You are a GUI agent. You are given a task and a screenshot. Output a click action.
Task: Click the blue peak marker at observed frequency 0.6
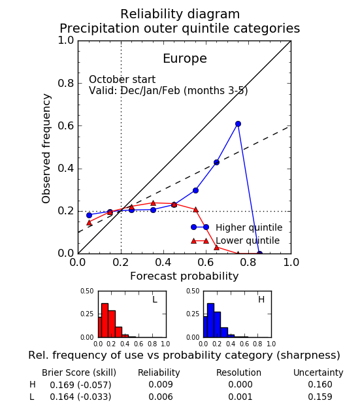238,123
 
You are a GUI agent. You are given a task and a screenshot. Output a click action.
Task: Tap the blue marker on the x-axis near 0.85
259,254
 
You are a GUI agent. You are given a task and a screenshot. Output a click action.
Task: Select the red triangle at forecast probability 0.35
154,203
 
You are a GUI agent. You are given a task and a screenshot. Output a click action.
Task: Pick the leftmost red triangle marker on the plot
89,223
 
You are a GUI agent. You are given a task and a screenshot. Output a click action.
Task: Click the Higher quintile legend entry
237,227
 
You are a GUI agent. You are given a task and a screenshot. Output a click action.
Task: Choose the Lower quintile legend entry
235,240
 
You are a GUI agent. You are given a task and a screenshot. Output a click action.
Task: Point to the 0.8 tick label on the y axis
66,84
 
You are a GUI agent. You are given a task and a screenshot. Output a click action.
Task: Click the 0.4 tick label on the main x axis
163,262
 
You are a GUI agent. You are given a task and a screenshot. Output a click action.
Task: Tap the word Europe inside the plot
185,58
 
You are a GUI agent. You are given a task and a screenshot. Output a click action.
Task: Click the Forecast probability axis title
184,276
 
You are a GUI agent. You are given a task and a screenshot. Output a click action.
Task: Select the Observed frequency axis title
46,148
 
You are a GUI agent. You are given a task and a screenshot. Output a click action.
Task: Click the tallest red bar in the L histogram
105,320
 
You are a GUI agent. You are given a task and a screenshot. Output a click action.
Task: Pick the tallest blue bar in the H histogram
210,320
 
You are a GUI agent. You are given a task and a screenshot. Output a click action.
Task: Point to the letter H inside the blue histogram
261,299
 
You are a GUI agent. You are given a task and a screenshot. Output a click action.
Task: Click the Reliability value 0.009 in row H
161,384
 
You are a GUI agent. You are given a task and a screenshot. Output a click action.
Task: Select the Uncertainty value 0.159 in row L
320,397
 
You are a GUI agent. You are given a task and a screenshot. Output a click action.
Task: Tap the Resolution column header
238,372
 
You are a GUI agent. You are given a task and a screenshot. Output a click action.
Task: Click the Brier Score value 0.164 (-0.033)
80,397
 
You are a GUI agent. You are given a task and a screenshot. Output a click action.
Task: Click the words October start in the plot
122,80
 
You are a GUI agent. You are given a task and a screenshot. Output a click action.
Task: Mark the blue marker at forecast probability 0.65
216,162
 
